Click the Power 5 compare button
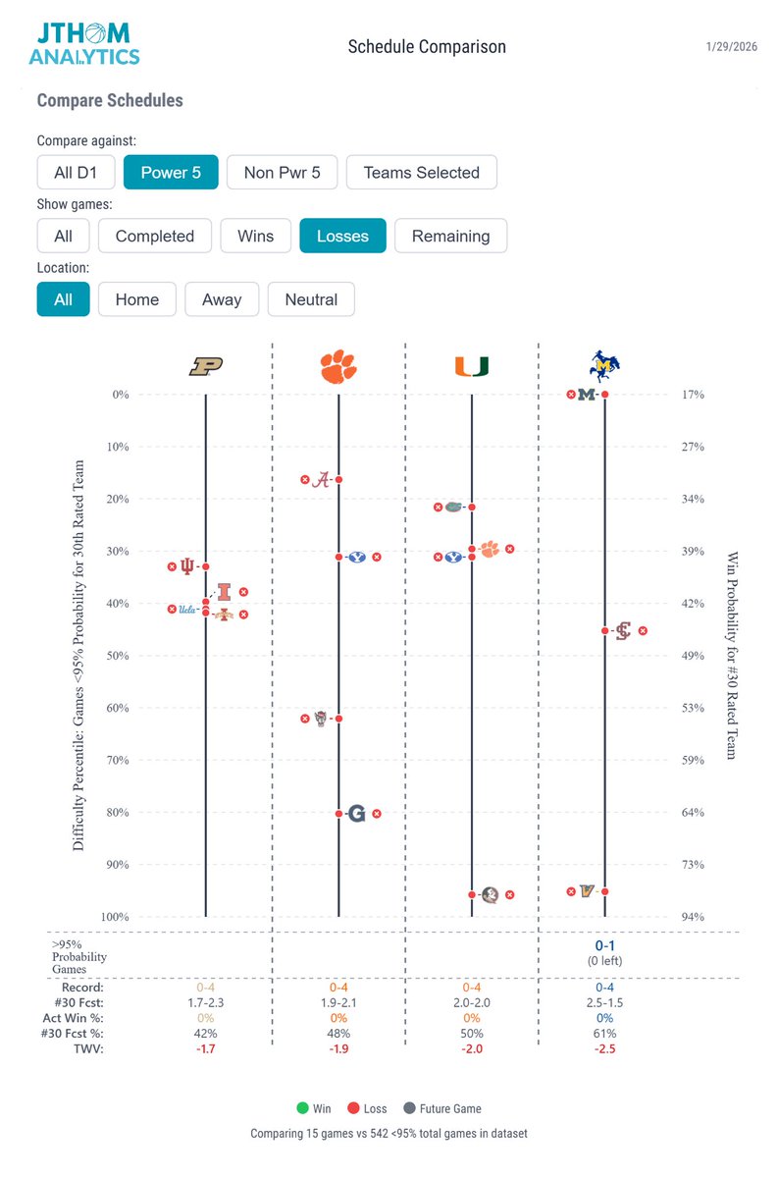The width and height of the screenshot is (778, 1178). coord(170,172)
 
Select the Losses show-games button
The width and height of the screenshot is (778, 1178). coord(342,236)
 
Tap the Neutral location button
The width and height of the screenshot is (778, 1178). coord(311,299)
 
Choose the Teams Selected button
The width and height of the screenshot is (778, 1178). coord(421,172)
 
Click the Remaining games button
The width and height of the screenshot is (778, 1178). coord(450,236)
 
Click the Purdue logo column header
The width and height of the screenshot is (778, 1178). coord(206,366)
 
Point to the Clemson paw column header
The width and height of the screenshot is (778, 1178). coord(338,366)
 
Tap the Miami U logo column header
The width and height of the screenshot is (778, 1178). coord(472,366)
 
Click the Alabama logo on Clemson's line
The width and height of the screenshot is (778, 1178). coord(320,479)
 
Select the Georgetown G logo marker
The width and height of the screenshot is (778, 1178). coord(356,813)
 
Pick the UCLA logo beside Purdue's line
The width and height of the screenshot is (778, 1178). coord(187,609)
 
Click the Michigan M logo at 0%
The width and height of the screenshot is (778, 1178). coord(588,395)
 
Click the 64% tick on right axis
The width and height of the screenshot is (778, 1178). coord(693,812)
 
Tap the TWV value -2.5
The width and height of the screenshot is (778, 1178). coord(604,1048)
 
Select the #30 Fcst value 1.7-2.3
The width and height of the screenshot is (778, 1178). coord(205,1002)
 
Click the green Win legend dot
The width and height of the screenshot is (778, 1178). coord(302,1108)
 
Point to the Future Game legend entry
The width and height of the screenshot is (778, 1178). coord(444,1108)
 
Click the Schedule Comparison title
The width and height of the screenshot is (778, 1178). coord(427,47)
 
